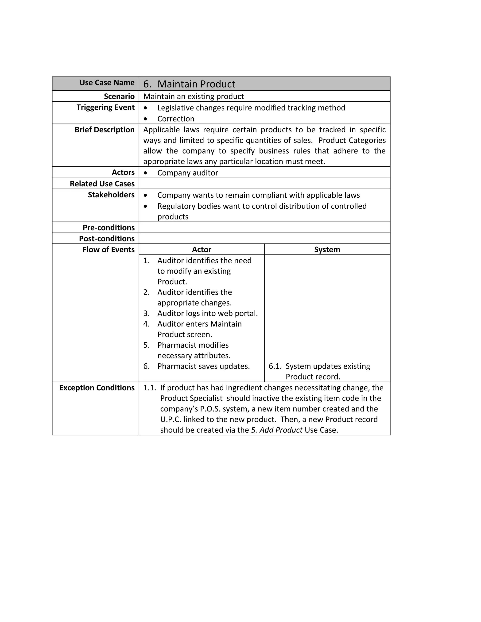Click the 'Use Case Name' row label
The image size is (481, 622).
107,83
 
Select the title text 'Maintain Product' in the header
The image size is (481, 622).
196,84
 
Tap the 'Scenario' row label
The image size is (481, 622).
119,96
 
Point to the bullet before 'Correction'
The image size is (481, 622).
146,119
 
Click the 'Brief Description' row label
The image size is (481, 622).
105,130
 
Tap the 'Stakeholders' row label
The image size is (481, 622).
111,195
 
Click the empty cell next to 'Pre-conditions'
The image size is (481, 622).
264,227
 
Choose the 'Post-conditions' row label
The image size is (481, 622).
107,238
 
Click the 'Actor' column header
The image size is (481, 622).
202,250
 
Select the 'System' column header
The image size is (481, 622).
327,250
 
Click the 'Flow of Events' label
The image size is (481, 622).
109,250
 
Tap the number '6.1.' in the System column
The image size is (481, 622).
275,366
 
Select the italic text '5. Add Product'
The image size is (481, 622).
276,430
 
